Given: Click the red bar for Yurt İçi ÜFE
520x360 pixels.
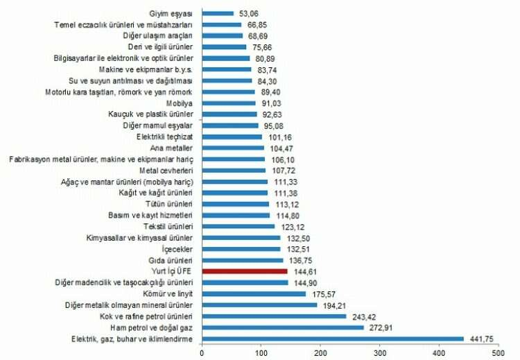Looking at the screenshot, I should [245, 271].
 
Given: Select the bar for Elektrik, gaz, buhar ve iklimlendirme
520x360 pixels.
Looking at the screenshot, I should [333, 339].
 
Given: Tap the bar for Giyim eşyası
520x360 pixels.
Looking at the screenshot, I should [218, 12].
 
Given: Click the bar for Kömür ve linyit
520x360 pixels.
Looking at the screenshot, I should [254, 293].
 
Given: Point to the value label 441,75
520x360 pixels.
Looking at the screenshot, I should [482, 339].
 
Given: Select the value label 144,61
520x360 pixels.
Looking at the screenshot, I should [306, 271].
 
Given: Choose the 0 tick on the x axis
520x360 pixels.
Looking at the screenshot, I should [202, 353].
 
